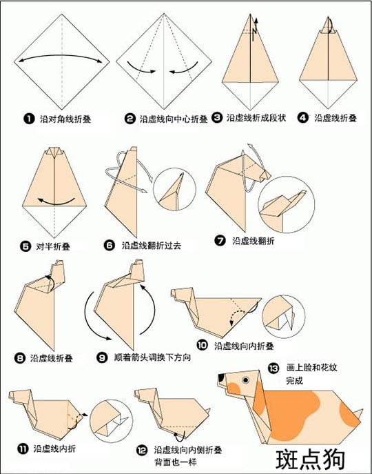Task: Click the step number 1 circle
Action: coord(30,119)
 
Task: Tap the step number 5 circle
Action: coord(25,246)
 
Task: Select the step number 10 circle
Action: coord(203,345)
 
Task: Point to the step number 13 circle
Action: coord(273,368)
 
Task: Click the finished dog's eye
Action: coord(246,380)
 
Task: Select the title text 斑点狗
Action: coord(310,460)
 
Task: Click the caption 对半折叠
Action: coord(53,247)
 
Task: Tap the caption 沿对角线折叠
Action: coord(65,119)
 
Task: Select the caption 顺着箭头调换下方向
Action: coord(152,357)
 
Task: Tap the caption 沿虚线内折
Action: coord(54,448)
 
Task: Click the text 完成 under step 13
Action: coord(294,380)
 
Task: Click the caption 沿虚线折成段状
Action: coord(256,118)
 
